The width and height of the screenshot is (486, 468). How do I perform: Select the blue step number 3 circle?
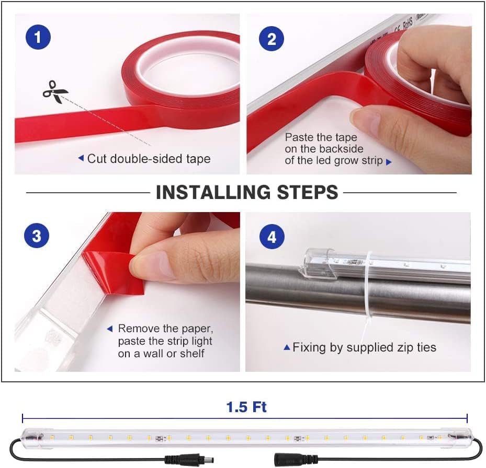coord(37,236)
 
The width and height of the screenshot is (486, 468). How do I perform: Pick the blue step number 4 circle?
coord(272,238)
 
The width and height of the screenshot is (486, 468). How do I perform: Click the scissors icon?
coord(55,92)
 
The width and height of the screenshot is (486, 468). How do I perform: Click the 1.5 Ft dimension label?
coord(246,407)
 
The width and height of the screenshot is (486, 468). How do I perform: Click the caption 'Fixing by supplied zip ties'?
coord(364,347)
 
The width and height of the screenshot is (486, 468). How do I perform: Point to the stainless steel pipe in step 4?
coord(314,292)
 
